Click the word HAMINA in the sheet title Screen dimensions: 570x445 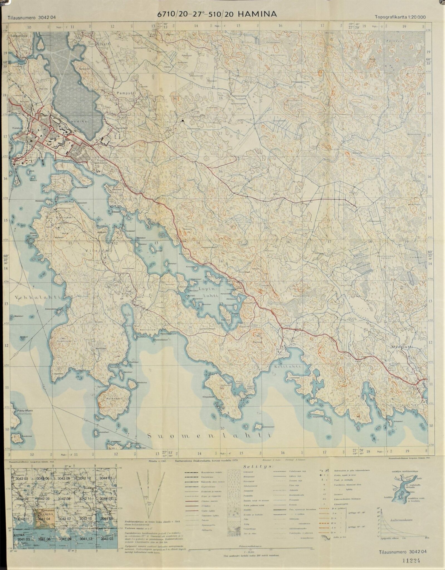point(258,14)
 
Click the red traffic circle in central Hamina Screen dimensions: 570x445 point(52,128)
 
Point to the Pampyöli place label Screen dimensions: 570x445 point(125,93)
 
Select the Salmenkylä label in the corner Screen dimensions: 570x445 point(18,36)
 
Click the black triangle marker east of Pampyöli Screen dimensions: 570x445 point(183,121)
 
